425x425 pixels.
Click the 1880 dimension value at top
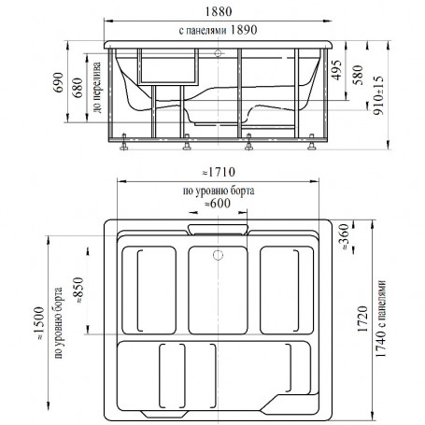[x=219, y=12]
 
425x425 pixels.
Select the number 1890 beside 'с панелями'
[x=244, y=30]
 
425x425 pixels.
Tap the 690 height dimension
[x=59, y=82]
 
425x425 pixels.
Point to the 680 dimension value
[x=78, y=88]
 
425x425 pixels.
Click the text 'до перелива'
[x=97, y=87]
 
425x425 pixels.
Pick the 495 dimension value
[x=337, y=70]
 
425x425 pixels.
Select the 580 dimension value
[x=358, y=75]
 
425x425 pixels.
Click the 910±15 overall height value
[x=379, y=95]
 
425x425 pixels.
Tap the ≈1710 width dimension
[x=219, y=172]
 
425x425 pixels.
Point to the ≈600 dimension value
[x=218, y=204]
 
